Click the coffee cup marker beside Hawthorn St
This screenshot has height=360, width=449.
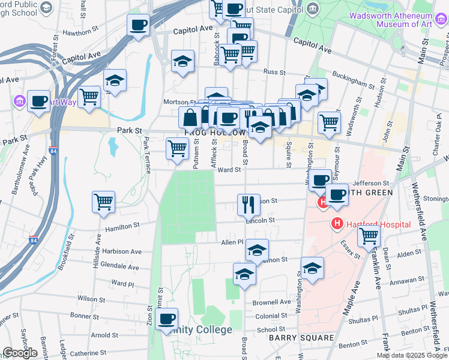[x=138, y=25]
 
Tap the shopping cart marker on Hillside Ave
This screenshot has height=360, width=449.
[x=103, y=202]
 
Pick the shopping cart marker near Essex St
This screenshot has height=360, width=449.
[x=369, y=235]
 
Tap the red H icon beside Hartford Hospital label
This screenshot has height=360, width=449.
[x=337, y=224]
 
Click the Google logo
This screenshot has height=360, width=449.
[x=20, y=353]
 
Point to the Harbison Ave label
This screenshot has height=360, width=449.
[x=121, y=251]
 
